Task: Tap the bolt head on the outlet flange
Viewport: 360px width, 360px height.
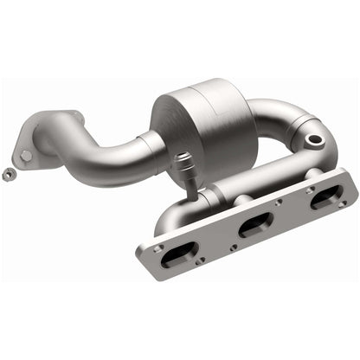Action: [26, 156]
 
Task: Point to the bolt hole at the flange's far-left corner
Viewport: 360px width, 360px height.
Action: [156, 249]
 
